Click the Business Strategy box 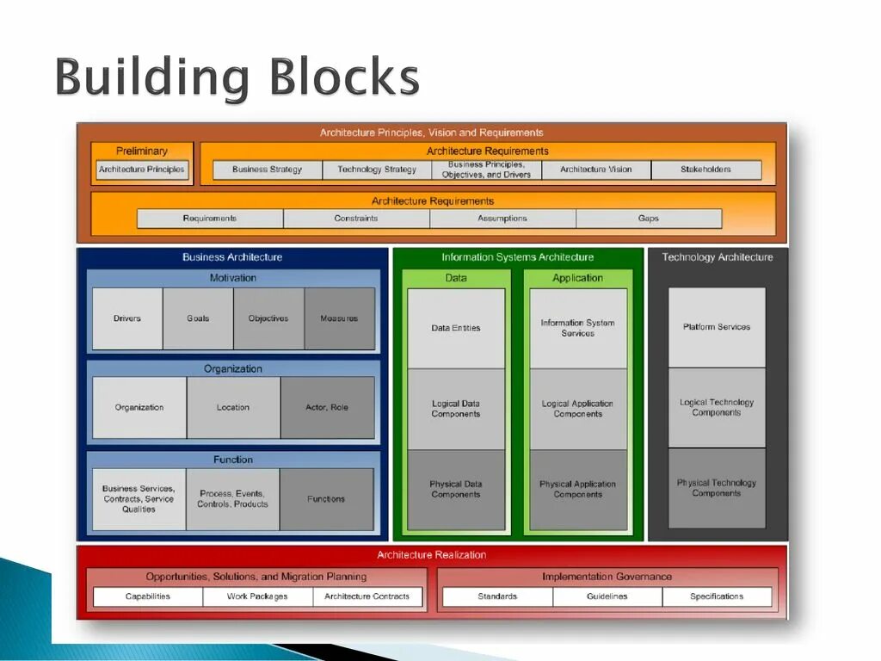268,170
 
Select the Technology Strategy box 377,170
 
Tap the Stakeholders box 705,170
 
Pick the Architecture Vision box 595,170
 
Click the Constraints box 356,219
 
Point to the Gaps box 649,219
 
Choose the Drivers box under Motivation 127,318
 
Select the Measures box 339,318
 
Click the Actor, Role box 327,407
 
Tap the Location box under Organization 233,407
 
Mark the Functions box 326,499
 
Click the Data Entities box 456,328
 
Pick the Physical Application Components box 578,489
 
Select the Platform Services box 717,327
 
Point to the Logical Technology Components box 717,407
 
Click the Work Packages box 257,596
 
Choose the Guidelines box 607,596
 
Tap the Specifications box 717,596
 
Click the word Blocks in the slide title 344,79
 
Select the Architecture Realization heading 432,555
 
